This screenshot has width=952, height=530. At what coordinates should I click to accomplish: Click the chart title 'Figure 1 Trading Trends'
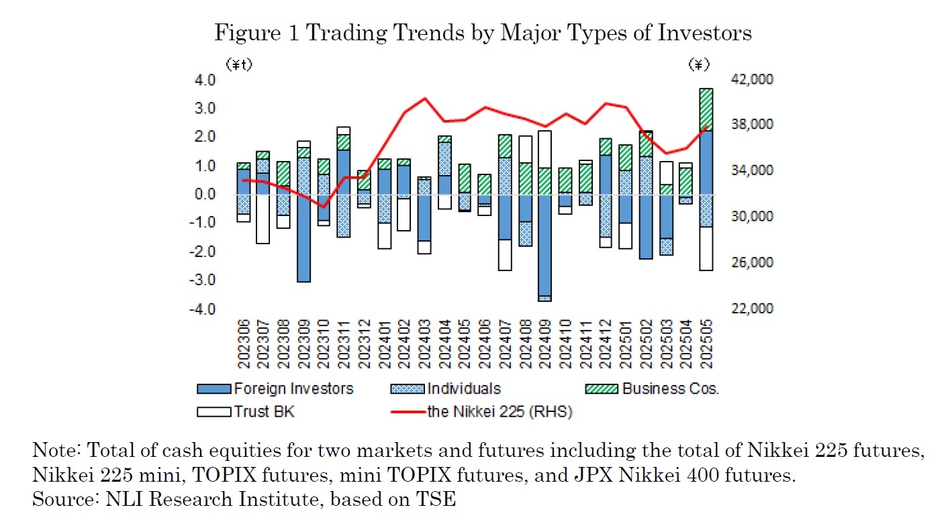coord(483,33)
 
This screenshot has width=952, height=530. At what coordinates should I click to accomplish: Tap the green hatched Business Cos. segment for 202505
coord(706,109)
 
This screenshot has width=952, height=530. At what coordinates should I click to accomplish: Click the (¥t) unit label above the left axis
coord(238,65)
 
